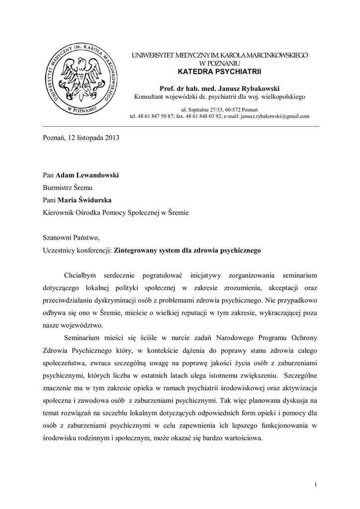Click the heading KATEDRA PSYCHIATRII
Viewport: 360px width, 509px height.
pos(219,73)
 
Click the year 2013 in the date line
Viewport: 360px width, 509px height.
pos(112,138)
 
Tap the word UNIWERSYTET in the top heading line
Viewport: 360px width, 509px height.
pos(149,56)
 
